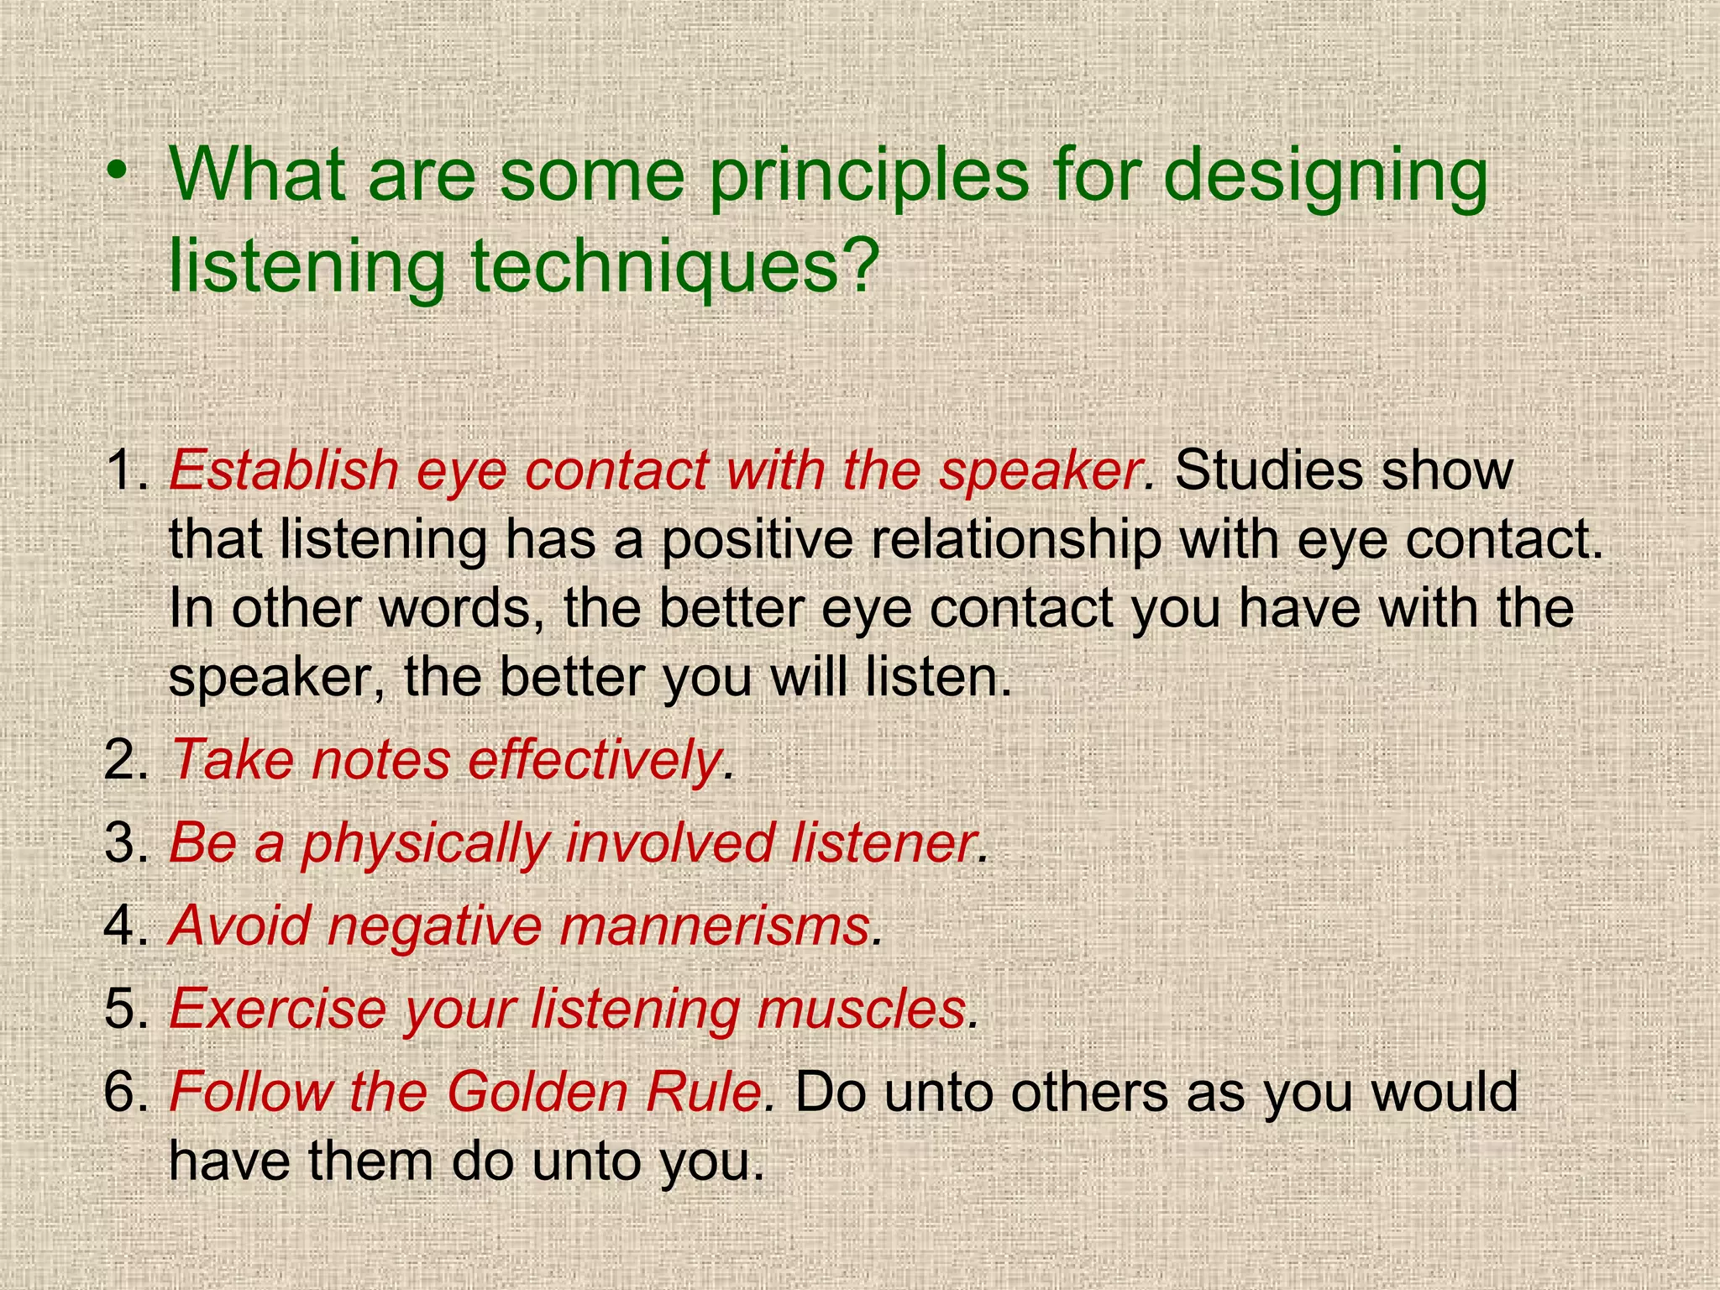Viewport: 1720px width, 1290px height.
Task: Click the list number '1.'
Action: [x=126, y=470]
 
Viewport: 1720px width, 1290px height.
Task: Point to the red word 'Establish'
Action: [x=284, y=470]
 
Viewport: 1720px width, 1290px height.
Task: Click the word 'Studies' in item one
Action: [x=1268, y=470]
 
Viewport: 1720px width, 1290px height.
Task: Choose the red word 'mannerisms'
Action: [x=715, y=926]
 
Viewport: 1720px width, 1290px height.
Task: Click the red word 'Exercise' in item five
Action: [x=277, y=1008]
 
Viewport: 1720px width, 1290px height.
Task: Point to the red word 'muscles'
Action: [x=861, y=1008]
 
